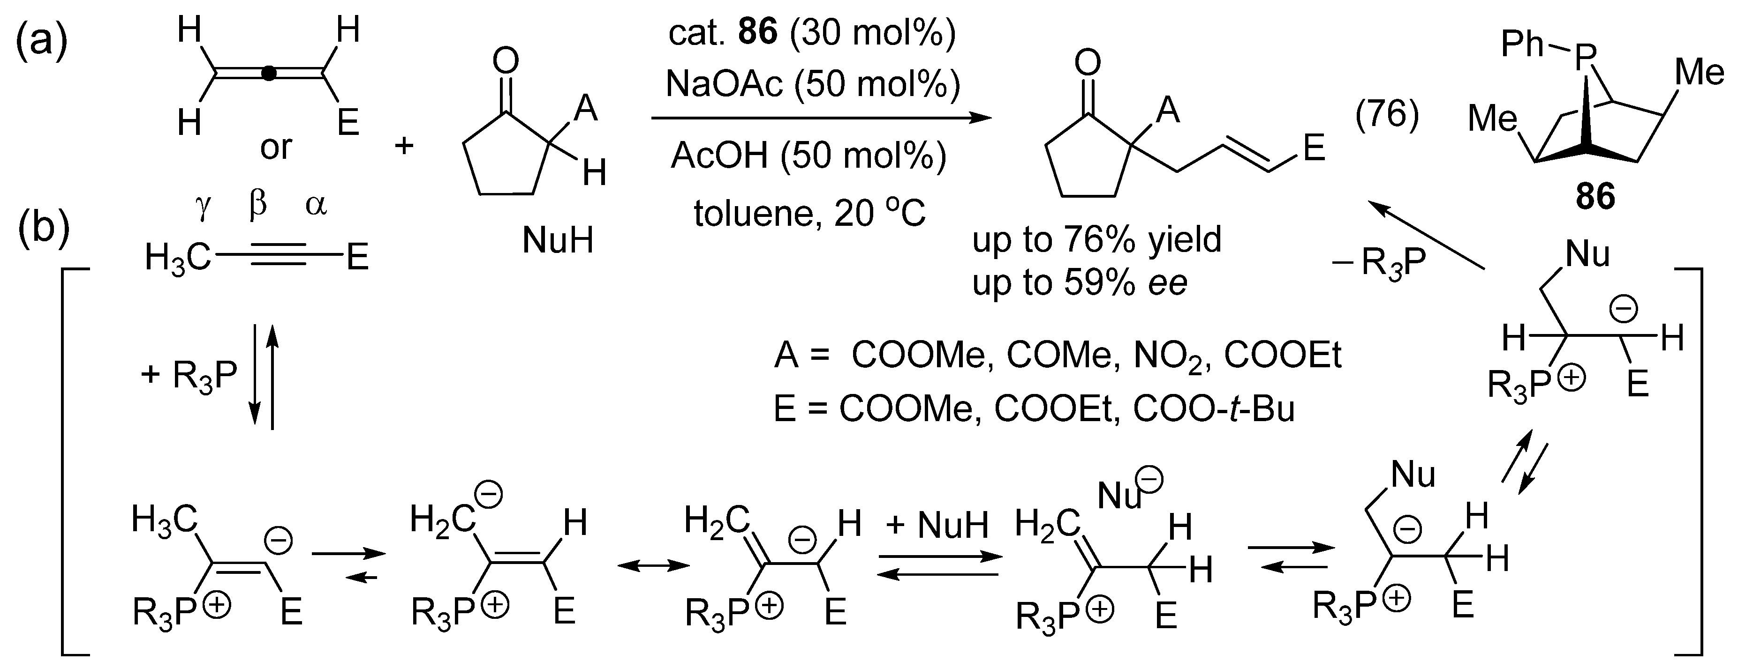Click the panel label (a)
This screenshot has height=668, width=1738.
[42, 41]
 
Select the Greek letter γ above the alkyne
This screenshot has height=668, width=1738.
[203, 205]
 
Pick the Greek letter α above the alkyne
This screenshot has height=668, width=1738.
[316, 205]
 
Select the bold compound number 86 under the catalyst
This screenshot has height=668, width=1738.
[1595, 198]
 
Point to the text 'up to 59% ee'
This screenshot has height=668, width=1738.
[1080, 283]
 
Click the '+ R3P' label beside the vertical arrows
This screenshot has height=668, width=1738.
[189, 375]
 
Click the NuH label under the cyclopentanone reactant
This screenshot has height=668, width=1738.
[557, 240]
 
